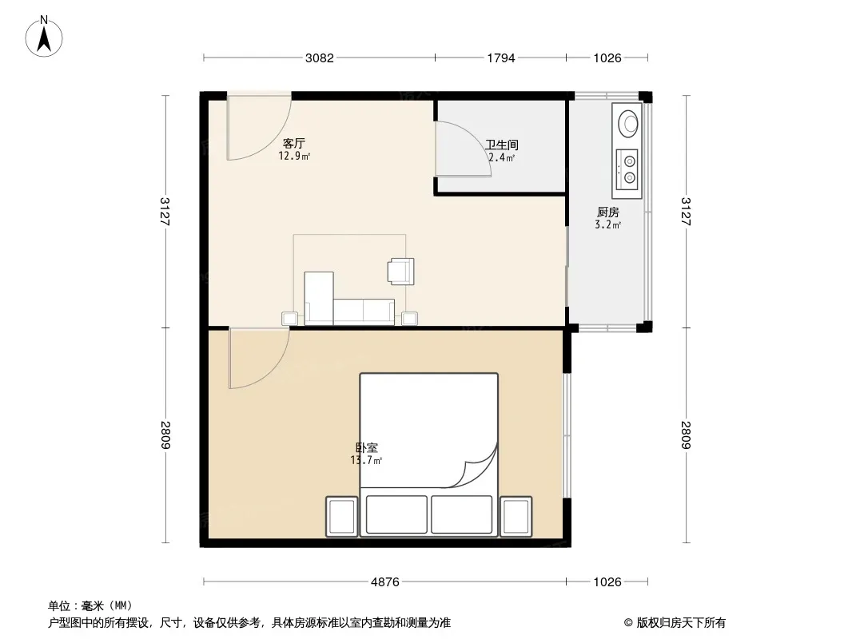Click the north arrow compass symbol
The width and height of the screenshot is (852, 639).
coord(44,37)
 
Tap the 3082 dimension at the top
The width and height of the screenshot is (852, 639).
coord(320,58)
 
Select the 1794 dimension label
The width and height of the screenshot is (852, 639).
coord(500,58)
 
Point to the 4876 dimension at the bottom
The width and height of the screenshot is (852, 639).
coord(384,582)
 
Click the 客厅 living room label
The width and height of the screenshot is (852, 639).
coord(294,143)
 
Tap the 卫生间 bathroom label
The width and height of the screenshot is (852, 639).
coord(501,145)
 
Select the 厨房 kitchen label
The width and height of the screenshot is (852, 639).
coord(608,212)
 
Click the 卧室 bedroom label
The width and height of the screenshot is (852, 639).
coord(367,448)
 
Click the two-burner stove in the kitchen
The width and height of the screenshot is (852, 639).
coord(627,169)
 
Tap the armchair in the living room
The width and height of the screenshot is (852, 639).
coord(400,272)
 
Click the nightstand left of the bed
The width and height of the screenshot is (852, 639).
coord(342,516)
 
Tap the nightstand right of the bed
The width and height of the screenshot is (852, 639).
coord(516,516)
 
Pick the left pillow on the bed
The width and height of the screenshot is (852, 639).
coord(396,514)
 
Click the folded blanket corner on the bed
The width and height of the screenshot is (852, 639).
coord(478,467)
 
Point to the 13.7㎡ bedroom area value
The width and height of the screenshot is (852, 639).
coord(366,461)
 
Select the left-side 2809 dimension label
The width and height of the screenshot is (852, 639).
coord(165,435)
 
